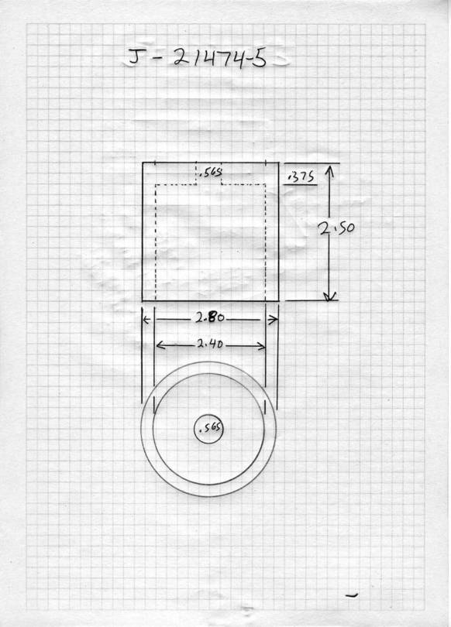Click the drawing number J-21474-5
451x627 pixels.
coord(197,57)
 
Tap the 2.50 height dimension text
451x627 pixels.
coord(336,228)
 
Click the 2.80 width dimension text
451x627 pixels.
coord(210,317)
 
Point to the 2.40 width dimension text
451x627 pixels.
coord(210,344)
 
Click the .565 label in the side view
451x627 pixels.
coord(210,173)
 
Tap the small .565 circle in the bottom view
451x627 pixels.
coord(208,428)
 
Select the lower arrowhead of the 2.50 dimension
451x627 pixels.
coord(329,296)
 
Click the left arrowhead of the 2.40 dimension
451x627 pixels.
coord(159,344)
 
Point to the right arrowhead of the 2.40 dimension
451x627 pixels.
coord(262,346)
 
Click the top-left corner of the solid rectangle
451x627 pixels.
coord(143,163)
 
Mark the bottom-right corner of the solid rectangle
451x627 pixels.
coord(278,300)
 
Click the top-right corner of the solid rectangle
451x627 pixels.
coord(278,163)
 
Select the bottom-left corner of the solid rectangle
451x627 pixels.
coord(143,300)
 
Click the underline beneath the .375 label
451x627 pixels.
coord(300,185)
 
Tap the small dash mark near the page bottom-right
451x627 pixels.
coord(352,596)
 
